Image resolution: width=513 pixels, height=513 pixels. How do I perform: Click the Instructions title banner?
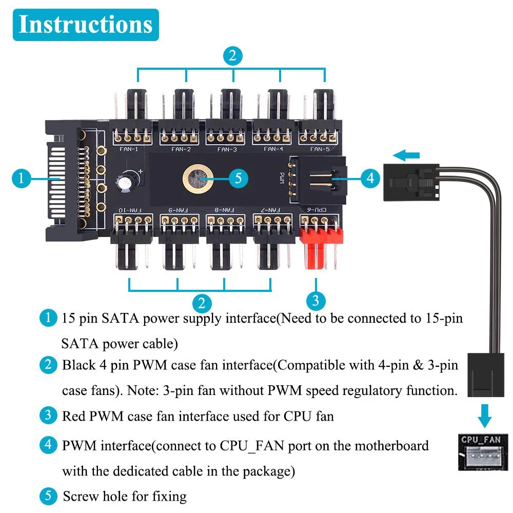coord(86,25)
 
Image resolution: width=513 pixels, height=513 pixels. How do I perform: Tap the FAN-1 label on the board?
coord(129,149)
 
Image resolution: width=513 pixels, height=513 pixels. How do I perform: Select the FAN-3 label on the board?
coord(227,149)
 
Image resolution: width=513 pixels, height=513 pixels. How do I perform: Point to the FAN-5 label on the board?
coord(320,149)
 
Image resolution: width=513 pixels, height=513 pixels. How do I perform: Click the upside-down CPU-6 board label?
coord(317,209)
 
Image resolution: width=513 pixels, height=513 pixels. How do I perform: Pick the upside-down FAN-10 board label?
coord(130,210)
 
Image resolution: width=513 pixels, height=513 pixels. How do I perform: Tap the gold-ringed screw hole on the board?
coord(198,179)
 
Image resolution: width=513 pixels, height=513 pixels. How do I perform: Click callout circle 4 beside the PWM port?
coord(370,179)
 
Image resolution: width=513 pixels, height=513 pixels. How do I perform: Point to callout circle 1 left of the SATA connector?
coord(22,179)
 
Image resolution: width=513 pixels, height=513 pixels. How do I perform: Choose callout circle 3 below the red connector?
coord(315,301)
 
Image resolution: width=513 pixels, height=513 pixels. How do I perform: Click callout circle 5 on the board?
coord(238,179)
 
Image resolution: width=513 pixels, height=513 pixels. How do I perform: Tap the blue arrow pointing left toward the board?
coord(406,155)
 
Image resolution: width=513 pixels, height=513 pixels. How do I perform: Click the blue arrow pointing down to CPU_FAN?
coord(485,416)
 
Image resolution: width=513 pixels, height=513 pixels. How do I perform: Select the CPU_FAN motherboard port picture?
coord(483,452)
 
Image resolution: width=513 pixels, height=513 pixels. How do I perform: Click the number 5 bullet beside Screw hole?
coord(48,496)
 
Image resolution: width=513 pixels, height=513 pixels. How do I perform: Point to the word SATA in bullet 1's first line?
coord(120,319)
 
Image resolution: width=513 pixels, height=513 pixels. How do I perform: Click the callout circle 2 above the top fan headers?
coord(232,55)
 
